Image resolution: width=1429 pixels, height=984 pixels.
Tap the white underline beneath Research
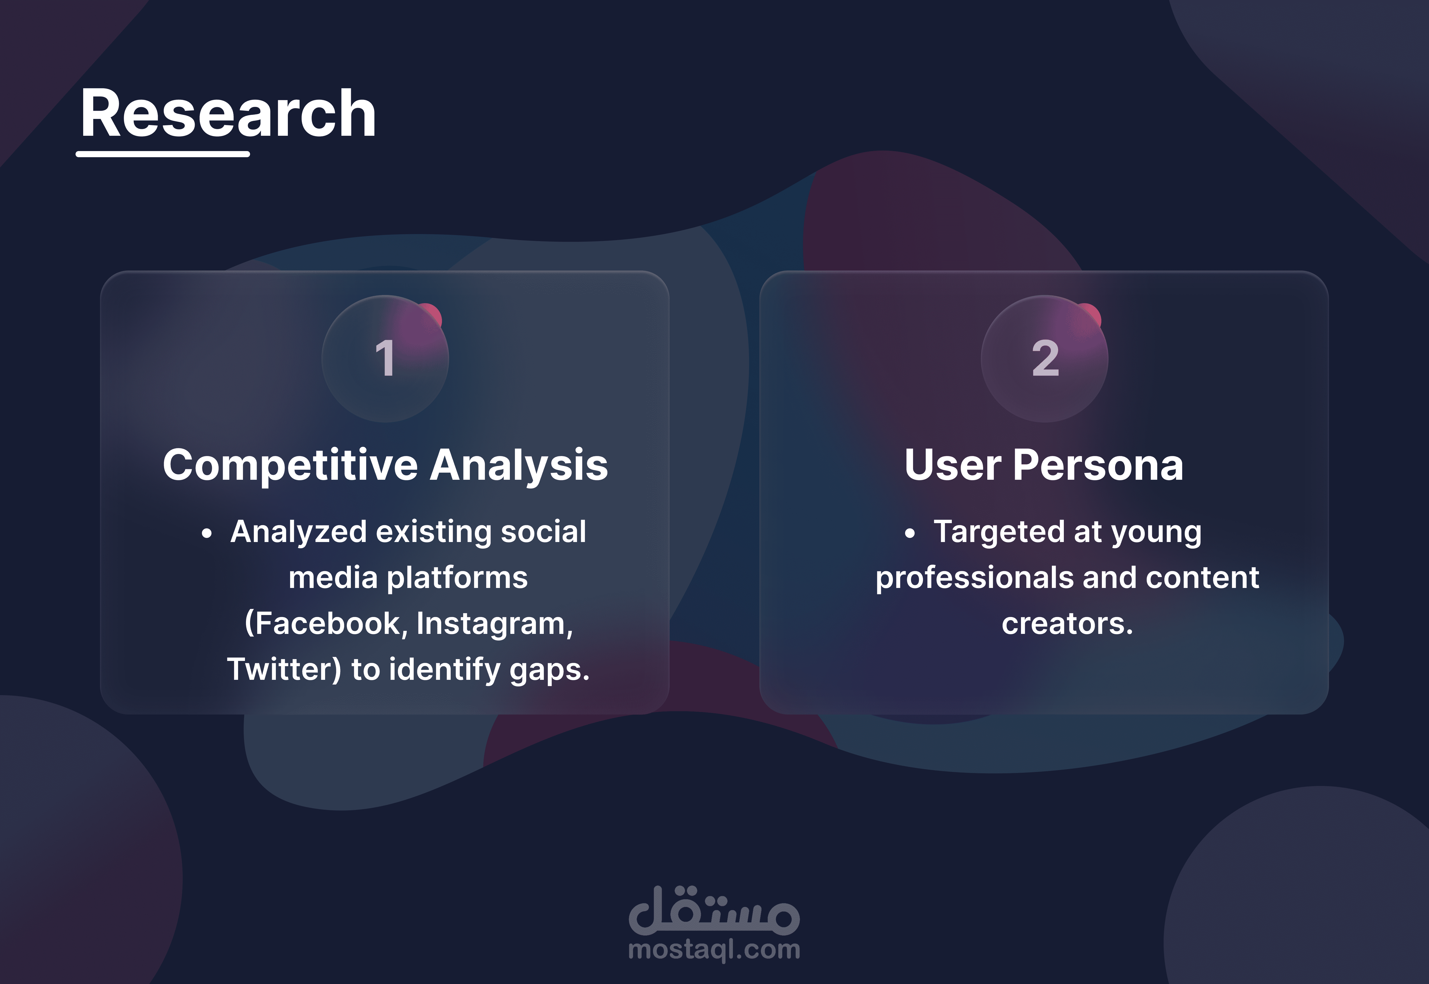click(163, 154)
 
